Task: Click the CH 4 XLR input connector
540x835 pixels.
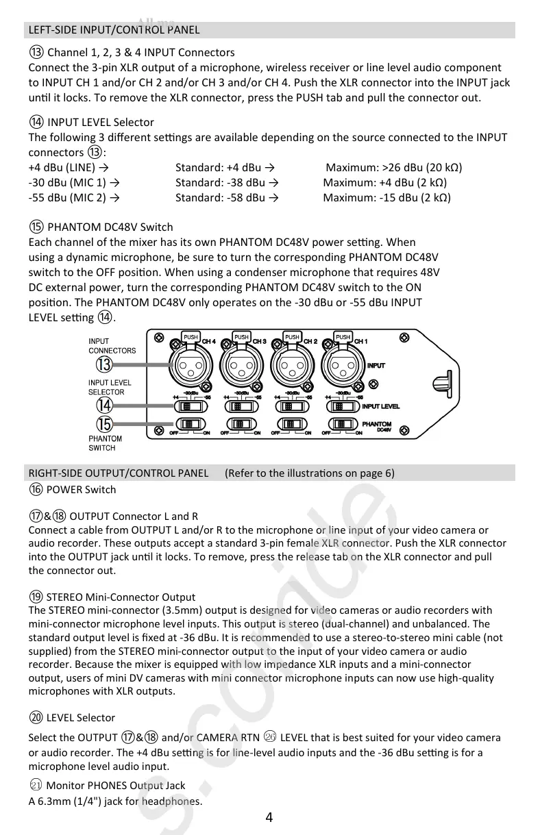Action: point(191,366)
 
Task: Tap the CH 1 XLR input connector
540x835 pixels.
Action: point(342,366)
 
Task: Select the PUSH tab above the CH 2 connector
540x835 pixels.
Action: point(292,337)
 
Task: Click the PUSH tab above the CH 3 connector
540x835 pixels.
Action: point(241,337)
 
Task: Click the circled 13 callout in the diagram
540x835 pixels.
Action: point(104,364)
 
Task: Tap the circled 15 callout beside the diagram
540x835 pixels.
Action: point(105,424)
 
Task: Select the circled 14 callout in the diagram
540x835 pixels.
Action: point(105,406)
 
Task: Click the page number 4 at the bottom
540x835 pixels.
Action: point(269,817)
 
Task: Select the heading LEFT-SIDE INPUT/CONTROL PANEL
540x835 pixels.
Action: point(114,29)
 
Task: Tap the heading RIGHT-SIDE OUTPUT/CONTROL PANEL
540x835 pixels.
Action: point(119,473)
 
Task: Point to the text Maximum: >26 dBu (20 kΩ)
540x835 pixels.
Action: point(393,167)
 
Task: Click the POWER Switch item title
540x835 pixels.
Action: point(81,489)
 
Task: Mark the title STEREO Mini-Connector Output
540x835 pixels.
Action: point(121,597)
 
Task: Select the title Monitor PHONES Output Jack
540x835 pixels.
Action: point(115,786)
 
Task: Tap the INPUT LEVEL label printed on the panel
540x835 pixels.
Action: point(380,407)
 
